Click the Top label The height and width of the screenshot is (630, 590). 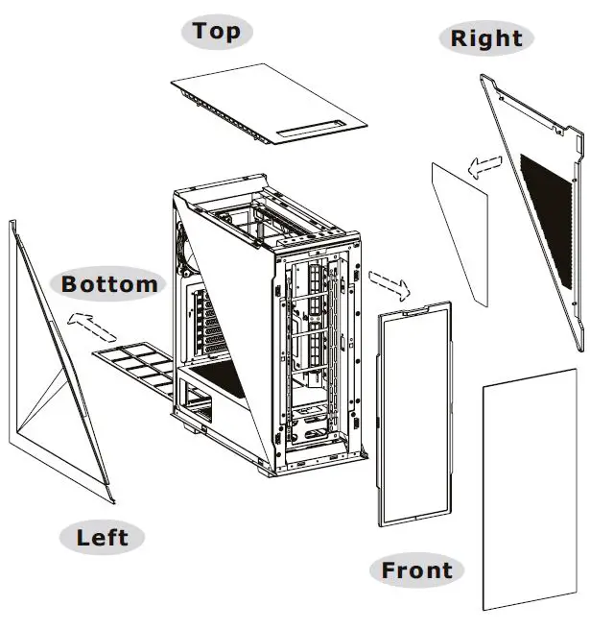point(217,31)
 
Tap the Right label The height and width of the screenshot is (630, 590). point(486,38)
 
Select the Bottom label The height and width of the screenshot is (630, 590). point(109,284)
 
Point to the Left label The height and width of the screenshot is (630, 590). point(103,536)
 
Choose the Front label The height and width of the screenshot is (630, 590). point(416,569)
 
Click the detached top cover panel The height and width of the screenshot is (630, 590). point(269,106)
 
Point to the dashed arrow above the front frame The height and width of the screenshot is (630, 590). point(389,282)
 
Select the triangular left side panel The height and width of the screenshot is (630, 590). point(53,384)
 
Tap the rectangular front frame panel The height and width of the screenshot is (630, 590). point(414,413)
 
